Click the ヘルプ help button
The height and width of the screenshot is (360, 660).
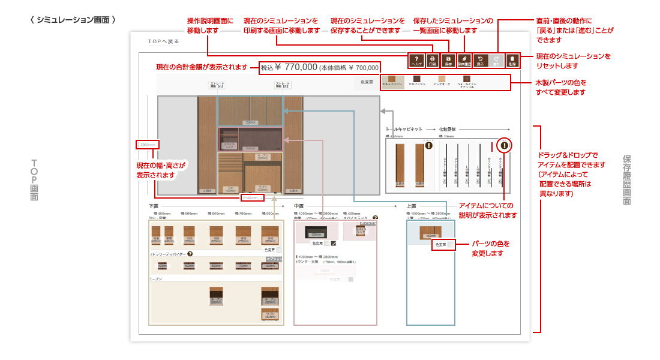(x=416, y=59)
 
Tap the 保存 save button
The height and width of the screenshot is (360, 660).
(x=448, y=59)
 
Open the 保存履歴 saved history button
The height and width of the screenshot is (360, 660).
(x=464, y=59)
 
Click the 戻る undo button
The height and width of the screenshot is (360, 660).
(x=480, y=59)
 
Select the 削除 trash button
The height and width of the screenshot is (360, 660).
(x=512, y=59)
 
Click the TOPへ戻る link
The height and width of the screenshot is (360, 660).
(x=164, y=41)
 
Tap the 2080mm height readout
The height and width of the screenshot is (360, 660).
(x=148, y=145)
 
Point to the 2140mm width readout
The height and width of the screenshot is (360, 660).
(x=251, y=197)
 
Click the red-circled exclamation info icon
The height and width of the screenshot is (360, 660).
(x=505, y=145)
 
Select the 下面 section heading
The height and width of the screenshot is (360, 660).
(x=154, y=206)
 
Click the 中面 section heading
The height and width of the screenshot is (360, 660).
(x=299, y=206)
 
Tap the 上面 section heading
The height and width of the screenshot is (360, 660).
(x=412, y=206)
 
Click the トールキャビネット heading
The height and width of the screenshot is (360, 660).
(x=404, y=129)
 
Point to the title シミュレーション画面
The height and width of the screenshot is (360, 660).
(x=73, y=20)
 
